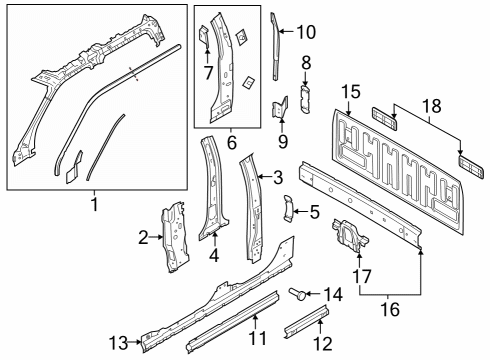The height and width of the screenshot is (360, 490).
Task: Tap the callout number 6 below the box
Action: pyautogui.click(x=231, y=144)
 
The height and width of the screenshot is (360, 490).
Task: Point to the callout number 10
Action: pyautogui.click(x=305, y=31)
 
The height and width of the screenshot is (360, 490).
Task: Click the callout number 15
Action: pyautogui.click(x=348, y=91)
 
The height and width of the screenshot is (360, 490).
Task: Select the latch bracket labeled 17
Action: pyautogui.click(x=348, y=239)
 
